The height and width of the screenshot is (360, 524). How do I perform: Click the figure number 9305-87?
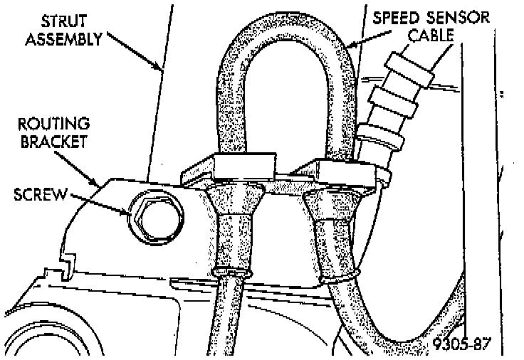click(x=460, y=344)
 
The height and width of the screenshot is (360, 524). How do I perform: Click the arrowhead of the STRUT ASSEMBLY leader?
click(x=162, y=70)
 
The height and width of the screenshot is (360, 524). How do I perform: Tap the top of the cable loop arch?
click(x=281, y=36)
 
